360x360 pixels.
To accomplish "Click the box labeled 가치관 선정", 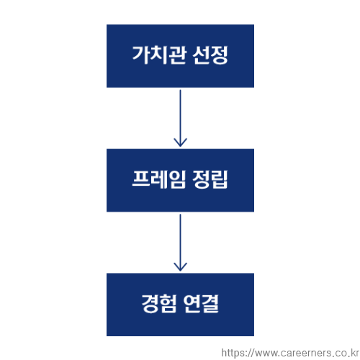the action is (x=180, y=56).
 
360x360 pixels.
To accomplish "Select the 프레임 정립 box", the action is (x=180, y=180).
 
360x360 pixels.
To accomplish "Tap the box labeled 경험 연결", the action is (x=180, y=305).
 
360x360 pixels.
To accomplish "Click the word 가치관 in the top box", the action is (x=159, y=55).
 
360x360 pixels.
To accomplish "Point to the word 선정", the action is (x=210, y=55).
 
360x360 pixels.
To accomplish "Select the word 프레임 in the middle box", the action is (x=159, y=179).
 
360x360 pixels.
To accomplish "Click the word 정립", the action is (x=210, y=179).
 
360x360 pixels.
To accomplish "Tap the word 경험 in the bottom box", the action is (x=159, y=304).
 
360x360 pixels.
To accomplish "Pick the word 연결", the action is (x=201, y=304).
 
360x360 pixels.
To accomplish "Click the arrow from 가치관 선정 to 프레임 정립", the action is (x=180, y=118).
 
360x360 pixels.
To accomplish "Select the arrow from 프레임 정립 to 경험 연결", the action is (x=180, y=243).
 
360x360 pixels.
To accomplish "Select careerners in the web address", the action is (x=305, y=354).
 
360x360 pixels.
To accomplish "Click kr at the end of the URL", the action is (x=354, y=353).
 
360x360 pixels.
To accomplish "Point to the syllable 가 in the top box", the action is (x=141, y=55).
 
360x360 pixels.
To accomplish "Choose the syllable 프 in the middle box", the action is (x=141, y=179).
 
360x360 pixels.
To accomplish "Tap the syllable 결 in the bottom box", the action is (x=210, y=304).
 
